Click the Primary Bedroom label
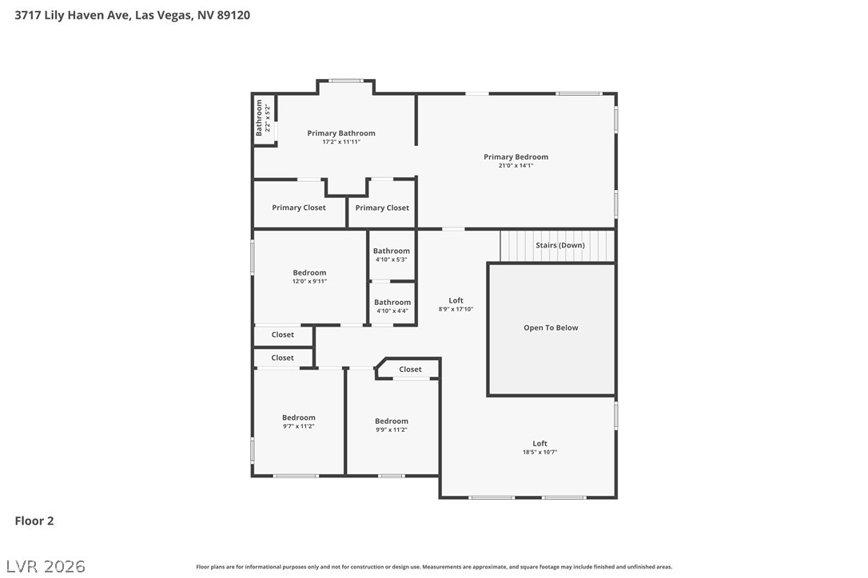(x=516, y=157)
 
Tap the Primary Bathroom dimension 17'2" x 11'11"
(x=341, y=142)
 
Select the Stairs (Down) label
(x=560, y=246)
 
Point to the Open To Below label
(x=551, y=328)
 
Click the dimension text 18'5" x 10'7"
(x=540, y=453)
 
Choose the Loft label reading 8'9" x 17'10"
(x=456, y=301)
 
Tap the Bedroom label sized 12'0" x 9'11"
(x=309, y=273)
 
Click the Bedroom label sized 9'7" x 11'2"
(x=299, y=418)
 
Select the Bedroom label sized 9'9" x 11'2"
(x=392, y=422)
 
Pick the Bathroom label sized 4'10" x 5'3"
(x=392, y=251)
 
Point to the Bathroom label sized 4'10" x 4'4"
(x=392, y=303)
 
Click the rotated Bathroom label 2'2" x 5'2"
(x=259, y=118)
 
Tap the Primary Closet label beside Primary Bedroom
(x=382, y=208)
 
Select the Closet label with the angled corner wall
(x=410, y=370)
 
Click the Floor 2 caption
(x=34, y=521)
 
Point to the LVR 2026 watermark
(x=46, y=566)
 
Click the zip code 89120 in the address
(x=233, y=15)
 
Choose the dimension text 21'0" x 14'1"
(x=516, y=166)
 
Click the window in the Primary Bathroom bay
(x=347, y=81)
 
